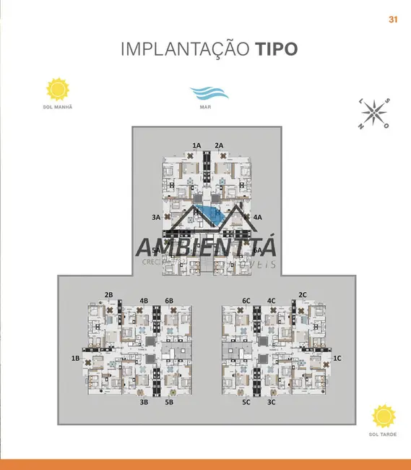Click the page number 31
click(x=394, y=20)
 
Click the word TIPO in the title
click(x=275, y=49)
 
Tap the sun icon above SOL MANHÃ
click(x=58, y=89)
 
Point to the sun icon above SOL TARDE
click(x=384, y=416)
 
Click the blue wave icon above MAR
click(x=209, y=93)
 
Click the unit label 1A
click(x=196, y=145)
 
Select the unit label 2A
click(x=219, y=145)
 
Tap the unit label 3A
click(x=155, y=217)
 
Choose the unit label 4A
click(x=257, y=217)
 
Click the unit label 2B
click(x=109, y=294)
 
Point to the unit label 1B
click(x=75, y=358)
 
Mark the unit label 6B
click(x=169, y=300)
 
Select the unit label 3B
click(x=144, y=401)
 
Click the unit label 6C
click(x=246, y=300)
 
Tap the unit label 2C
click(x=303, y=294)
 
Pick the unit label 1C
click(x=337, y=358)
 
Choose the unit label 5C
click(x=246, y=401)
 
